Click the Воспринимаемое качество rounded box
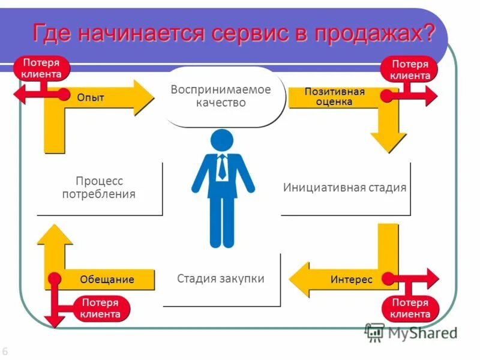click(221, 97)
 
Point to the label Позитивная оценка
click(335, 97)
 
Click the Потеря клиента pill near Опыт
click(41, 68)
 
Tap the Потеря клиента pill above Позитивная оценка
click(410, 70)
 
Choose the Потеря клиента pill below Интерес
click(410, 308)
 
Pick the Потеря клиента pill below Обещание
click(100, 308)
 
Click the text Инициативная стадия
click(345, 187)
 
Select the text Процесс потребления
click(99, 187)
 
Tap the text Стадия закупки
click(221, 278)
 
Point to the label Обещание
click(107, 280)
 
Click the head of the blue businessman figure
click(221, 140)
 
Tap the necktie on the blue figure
click(222, 167)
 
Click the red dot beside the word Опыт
click(64, 94)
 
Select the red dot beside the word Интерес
click(388, 278)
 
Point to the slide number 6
click(5, 352)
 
